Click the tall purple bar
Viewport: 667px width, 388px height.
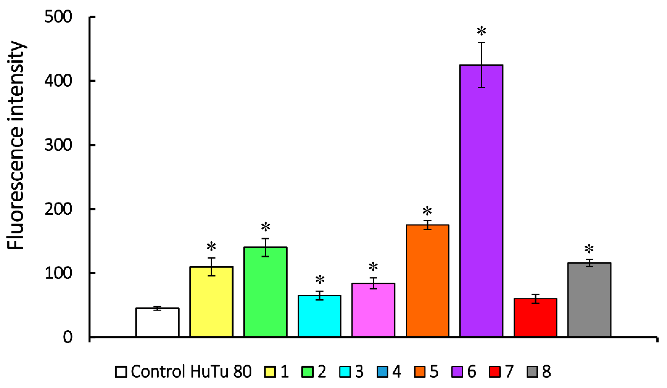pyautogui.click(x=481, y=201)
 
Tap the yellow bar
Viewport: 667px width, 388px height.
pyautogui.click(x=211, y=302)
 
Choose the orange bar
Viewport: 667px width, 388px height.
pyautogui.click(x=427, y=281)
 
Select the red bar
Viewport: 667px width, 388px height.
pyautogui.click(x=535, y=318)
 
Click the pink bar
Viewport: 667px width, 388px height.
pyautogui.click(x=373, y=310)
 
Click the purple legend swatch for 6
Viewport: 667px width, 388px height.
pyautogui.click(x=457, y=371)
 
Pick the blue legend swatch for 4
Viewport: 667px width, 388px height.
pyautogui.click(x=382, y=371)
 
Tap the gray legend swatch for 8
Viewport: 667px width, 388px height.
pyautogui.click(x=532, y=371)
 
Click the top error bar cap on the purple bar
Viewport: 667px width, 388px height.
pyautogui.click(x=481, y=42)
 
